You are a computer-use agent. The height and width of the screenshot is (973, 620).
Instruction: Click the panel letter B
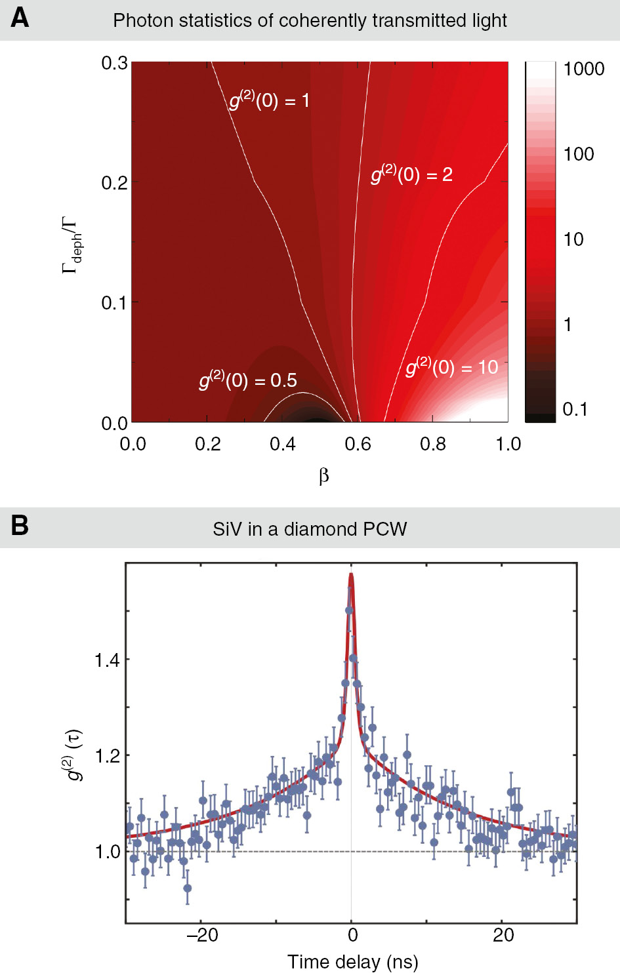point(20,526)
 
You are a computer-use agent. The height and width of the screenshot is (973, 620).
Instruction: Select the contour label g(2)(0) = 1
point(269,100)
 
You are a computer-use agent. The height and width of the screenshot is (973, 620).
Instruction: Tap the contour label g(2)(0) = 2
point(411,174)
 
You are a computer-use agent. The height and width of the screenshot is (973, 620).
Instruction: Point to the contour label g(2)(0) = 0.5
point(248,380)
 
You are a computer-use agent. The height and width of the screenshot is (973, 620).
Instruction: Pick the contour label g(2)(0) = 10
point(452,367)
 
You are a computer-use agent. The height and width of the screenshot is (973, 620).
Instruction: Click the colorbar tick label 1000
point(583,69)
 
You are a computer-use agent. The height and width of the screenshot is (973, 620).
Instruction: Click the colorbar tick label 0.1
point(575,409)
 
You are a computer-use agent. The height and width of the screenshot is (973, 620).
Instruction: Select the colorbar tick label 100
point(578,154)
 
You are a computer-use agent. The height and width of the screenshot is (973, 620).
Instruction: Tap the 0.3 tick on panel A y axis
point(114,63)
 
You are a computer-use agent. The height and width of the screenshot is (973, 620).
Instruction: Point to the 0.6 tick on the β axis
point(358,445)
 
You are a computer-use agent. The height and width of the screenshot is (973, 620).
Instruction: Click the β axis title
point(323,476)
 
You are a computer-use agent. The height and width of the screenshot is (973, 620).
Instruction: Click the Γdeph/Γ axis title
point(71,244)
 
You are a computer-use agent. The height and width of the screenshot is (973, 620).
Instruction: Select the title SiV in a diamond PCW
point(310,529)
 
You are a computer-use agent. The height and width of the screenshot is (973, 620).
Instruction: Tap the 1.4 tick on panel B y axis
point(107,660)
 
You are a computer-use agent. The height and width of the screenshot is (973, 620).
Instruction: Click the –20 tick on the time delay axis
point(201,935)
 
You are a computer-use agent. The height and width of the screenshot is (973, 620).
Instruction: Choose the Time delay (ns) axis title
point(352,961)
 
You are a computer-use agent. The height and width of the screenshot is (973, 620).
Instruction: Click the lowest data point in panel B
point(188,888)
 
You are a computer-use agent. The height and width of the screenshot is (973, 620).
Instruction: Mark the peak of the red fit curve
point(351,575)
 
